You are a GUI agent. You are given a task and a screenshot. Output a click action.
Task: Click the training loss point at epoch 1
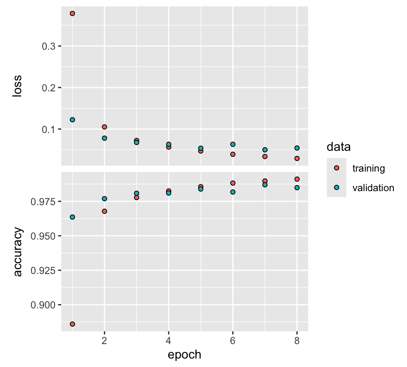point(72,14)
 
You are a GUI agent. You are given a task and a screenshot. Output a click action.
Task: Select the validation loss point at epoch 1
point(72,120)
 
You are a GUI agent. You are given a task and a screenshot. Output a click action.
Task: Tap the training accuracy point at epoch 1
point(72,324)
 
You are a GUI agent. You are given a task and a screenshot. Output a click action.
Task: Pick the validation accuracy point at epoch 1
point(72,217)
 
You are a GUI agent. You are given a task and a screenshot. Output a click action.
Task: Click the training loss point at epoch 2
point(105,127)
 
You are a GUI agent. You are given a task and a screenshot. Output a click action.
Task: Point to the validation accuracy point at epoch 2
point(105,199)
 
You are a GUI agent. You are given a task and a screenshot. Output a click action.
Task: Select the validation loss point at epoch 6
point(233,144)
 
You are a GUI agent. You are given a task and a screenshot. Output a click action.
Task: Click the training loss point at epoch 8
point(297,158)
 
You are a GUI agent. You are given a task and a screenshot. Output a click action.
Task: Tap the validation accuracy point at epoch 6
point(233,192)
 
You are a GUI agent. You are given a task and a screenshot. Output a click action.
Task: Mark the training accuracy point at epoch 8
point(297,179)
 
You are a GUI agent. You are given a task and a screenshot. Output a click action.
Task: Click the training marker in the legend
point(337,168)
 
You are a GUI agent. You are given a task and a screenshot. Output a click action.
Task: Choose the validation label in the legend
point(373,188)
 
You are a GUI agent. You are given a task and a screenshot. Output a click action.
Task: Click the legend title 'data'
point(338,147)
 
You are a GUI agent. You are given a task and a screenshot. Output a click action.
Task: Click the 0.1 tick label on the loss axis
point(50,130)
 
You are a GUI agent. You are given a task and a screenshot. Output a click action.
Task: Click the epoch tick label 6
point(233,340)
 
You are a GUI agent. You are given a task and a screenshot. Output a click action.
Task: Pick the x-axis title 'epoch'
point(184,355)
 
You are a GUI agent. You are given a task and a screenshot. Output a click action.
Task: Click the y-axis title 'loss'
point(17,88)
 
